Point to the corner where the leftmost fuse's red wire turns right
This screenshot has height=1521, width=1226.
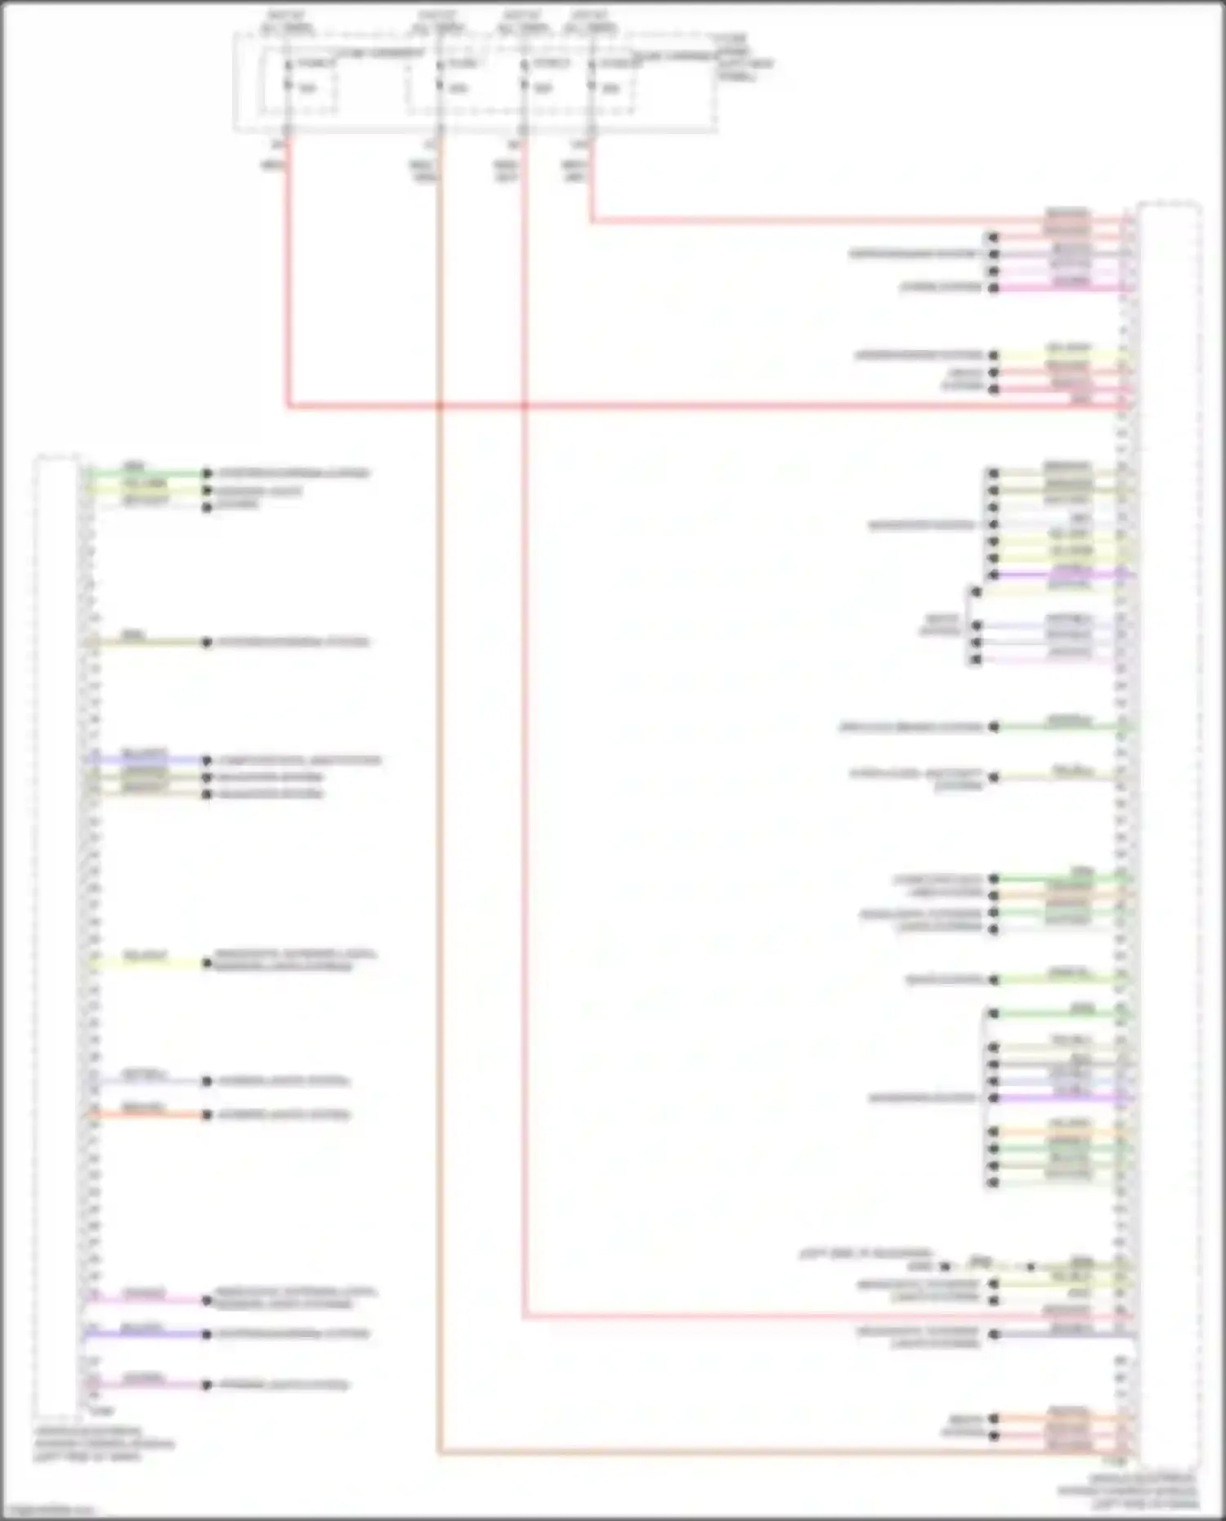click(x=288, y=405)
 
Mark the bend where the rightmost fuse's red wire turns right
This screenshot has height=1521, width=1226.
click(x=591, y=221)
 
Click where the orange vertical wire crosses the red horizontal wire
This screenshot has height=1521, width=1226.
click(x=439, y=405)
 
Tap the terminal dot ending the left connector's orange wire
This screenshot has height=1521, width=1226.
click(x=207, y=1115)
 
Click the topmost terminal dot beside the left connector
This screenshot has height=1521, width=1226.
click(x=207, y=473)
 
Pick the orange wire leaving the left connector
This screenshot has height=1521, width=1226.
click(x=147, y=1115)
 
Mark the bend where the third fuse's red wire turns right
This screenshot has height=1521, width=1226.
click(x=524, y=1317)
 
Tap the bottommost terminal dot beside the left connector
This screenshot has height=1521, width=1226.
click(x=207, y=1385)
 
